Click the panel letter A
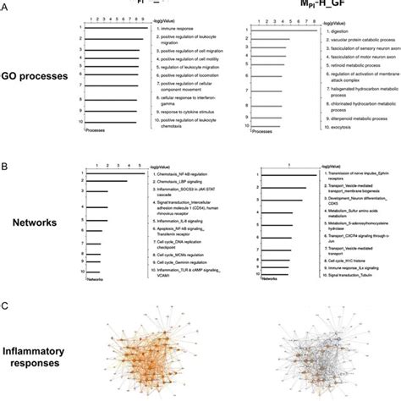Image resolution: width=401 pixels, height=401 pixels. tap(6, 8)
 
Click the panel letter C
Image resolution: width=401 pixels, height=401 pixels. tap(6, 305)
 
